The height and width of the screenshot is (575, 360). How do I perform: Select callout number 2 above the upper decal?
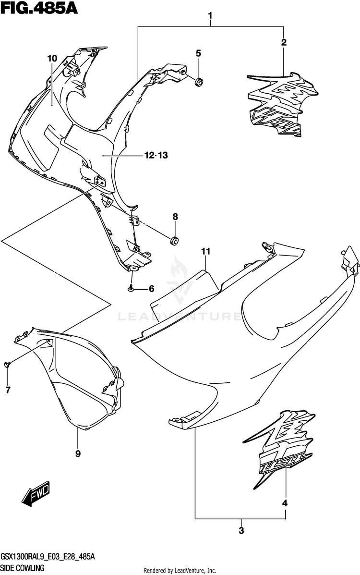284,42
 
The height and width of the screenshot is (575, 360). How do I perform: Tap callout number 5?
198,53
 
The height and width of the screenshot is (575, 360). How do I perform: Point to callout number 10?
52,59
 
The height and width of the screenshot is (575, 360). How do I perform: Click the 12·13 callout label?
156,155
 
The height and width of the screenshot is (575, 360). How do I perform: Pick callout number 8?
175,217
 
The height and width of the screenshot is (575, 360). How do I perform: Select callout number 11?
206,251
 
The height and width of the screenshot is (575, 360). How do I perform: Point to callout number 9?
78,453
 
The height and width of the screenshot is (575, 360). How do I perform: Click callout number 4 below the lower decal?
285,503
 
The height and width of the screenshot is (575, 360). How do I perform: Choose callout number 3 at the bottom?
241,531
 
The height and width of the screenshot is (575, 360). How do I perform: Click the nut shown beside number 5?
198,82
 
